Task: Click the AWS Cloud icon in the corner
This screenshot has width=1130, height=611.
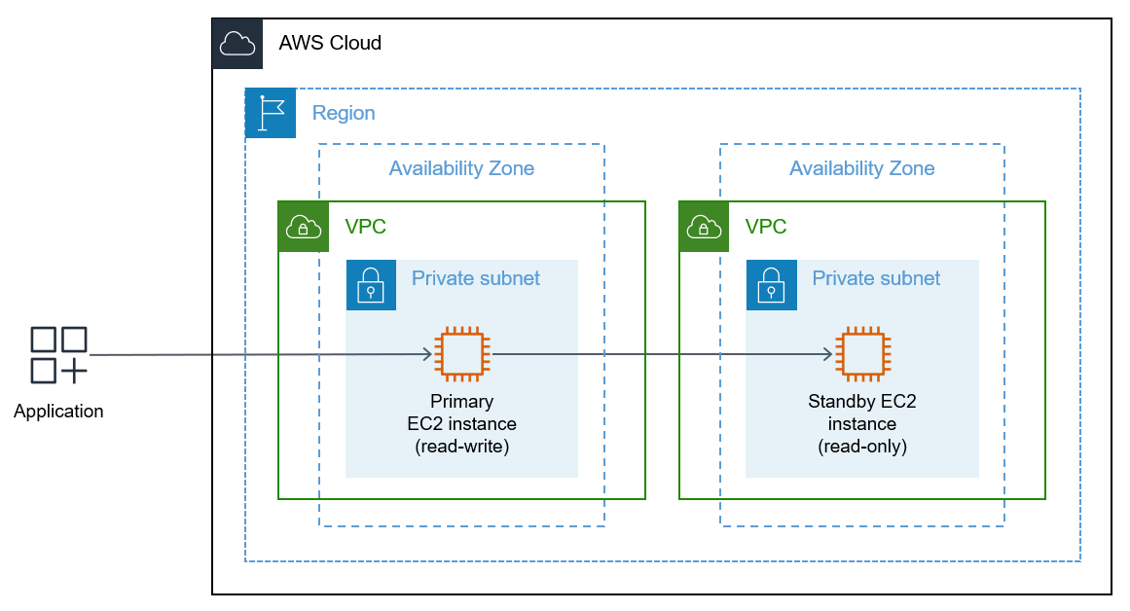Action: click(x=237, y=44)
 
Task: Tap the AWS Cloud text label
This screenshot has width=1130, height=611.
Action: click(x=330, y=43)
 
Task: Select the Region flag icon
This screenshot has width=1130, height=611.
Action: click(x=271, y=113)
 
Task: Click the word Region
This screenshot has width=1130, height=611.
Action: click(x=344, y=113)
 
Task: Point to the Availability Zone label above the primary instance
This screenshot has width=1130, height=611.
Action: click(x=461, y=168)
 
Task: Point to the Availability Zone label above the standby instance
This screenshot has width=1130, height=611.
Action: click(x=861, y=168)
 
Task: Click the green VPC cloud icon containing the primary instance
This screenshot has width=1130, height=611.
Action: click(x=304, y=227)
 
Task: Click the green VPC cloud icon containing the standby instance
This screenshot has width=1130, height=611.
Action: click(x=704, y=227)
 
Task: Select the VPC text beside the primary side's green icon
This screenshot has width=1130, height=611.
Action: click(x=366, y=227)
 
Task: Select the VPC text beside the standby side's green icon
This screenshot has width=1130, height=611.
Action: click(x=766, y=227)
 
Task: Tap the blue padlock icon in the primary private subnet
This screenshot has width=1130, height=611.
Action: click(x=371, y=284)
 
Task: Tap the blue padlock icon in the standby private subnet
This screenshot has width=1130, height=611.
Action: click(x=771, y=284)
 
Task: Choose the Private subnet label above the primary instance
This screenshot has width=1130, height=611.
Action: click(x=476, y=278)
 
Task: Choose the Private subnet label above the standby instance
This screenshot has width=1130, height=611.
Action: click(x=876, y=278)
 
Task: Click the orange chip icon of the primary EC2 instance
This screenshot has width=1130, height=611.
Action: click(x=462, y=354)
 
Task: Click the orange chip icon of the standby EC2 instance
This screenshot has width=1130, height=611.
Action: click(x=862, y=354)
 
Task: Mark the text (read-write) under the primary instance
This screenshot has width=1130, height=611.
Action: click(x=462, y=447)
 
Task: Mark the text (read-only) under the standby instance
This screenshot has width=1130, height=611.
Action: click(x=862, y=447)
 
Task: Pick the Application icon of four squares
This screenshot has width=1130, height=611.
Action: click(x=58, y=355)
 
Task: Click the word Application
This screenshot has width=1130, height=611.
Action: click(x=58, y=412)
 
